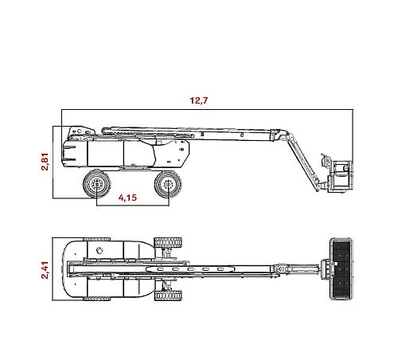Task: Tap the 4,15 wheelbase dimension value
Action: pyautogui.click(x=130, y=198)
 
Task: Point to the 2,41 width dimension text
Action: pyautogui.click(x=45, y=269)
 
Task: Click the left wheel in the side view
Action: pyautogui.click(x=96, y=185)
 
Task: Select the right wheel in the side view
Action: pyautogui.click(x=168, y=185)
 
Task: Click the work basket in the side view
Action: pyautogui.click(x=340, y=175)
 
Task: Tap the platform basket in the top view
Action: pyautogui.click(x=340, y=269)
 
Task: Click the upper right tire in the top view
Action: pyautogui.click(x=167, y=241)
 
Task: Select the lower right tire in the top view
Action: pyautogui.click(x=167, y=296)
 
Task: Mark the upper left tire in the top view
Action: pyautogui.click(x=96, y=239)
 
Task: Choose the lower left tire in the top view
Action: pyautogui.click(x=96, y=299)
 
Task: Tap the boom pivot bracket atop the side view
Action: pyautogui.click(x=78, y=131)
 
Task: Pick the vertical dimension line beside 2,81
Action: pyautogui.click(x=53, y=162)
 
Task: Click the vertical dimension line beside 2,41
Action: pyautogui.click(x=53, y=269)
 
